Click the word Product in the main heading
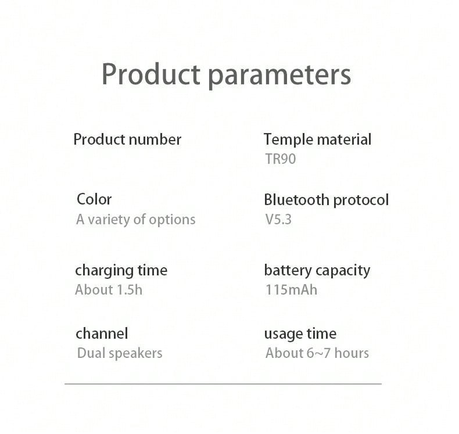151,74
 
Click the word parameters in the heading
279,76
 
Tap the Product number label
127,139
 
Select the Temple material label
318,139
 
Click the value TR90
281,159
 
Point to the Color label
94,200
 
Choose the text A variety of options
136,220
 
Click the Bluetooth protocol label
327,200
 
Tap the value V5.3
278,220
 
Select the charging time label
121,271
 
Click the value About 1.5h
109,290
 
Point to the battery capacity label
317,271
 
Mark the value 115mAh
292,290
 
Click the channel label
102,333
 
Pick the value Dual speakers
120,353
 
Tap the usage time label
300,334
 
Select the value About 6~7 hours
317,353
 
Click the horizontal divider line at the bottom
223,383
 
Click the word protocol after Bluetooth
361,201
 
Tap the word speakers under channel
135,354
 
